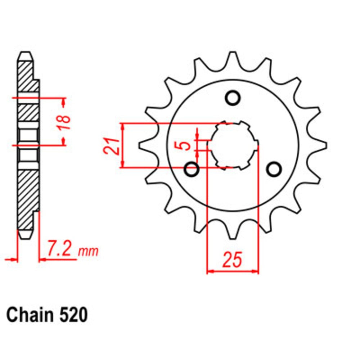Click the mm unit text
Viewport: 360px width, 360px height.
pyautogui.click(x=88, y=251)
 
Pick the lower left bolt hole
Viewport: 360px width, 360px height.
pyautogui.click(x=192, y=169)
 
